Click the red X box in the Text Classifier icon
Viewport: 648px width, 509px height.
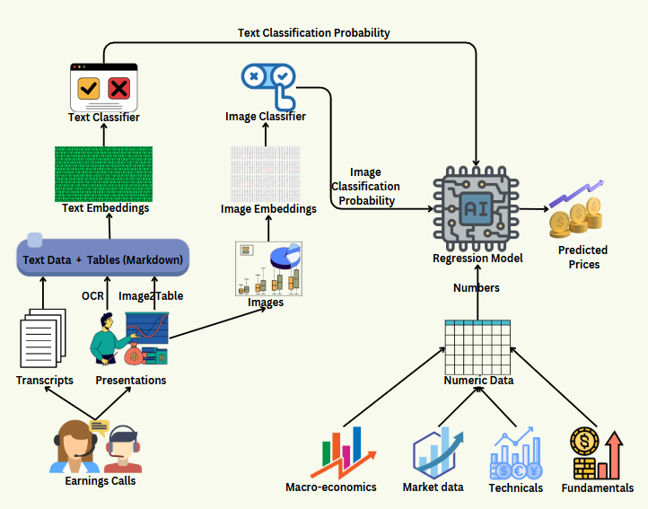point(119,88)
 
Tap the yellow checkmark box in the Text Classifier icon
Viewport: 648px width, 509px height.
point(89,88)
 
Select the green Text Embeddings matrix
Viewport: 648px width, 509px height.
point(104,174)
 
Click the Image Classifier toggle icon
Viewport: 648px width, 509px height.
point(269,86)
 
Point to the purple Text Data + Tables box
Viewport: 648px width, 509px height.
point(103,257)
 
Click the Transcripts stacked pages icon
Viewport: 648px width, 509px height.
point(43,338)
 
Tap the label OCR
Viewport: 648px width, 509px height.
point(92,296)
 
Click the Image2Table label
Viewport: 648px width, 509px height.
point(151,296)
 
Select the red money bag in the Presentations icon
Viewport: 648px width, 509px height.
point(134,354)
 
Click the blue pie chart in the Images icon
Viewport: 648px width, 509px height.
point(285,256)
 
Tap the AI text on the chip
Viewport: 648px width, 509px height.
point(476,209)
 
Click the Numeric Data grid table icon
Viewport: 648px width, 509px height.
point(477,347)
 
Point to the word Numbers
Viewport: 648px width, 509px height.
point(476,288)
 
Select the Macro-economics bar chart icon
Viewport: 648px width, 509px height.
point(343,452)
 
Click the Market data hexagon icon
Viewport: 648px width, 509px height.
point(437,453)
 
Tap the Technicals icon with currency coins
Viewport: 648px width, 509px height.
point(516,453)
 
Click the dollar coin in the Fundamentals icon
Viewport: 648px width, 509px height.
point(584,441)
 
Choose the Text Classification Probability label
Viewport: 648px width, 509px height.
point(313,33)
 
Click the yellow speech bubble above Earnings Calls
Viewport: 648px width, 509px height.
point(100,427)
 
